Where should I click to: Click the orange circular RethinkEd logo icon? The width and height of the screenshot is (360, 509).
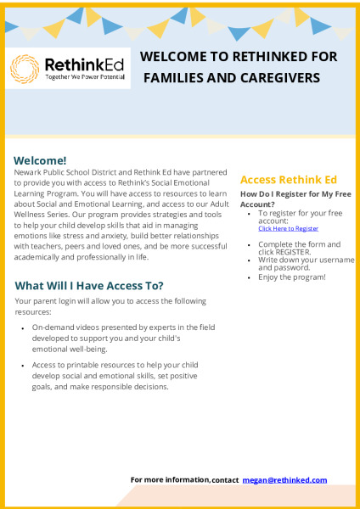(25, 69)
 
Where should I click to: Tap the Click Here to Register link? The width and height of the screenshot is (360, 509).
(288, 228)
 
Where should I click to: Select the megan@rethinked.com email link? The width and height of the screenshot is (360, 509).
(284, 480)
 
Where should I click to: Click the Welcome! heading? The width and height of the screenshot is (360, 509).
(40, 160)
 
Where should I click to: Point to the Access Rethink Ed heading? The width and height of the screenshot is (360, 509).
(289, 180)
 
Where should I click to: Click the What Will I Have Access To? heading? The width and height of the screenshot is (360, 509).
(89, 286)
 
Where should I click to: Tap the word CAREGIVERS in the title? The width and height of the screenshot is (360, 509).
(280, 78)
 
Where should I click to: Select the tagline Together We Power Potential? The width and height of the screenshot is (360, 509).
(85, 77)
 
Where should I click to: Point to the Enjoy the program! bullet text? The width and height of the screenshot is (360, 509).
(292, 277)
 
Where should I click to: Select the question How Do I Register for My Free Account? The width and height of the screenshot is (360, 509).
(295, 199)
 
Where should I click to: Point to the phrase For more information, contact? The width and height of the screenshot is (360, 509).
(184, 480)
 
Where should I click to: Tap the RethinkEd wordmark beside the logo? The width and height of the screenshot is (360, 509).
(84, 64)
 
